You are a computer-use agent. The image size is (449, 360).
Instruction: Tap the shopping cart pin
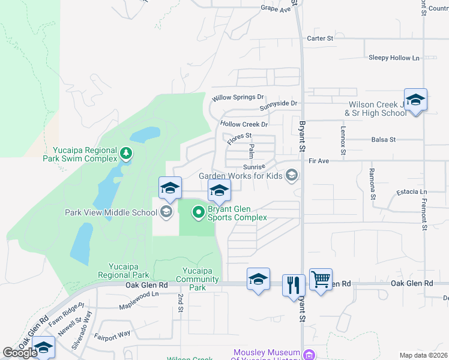321,279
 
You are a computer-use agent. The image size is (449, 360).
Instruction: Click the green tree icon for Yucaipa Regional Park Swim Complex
126,154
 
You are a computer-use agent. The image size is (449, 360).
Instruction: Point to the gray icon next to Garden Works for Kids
292,176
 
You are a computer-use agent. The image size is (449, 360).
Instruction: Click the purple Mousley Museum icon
309,354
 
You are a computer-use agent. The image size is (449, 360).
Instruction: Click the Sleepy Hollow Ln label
394,58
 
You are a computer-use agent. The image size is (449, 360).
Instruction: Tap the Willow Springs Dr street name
238,97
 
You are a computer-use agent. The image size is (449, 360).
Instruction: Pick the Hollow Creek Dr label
243,124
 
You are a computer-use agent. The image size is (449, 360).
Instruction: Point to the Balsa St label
384,139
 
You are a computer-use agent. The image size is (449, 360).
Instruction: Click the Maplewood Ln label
139,294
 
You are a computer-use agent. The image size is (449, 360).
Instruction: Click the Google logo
20,352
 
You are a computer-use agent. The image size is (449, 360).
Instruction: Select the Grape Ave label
275,8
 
